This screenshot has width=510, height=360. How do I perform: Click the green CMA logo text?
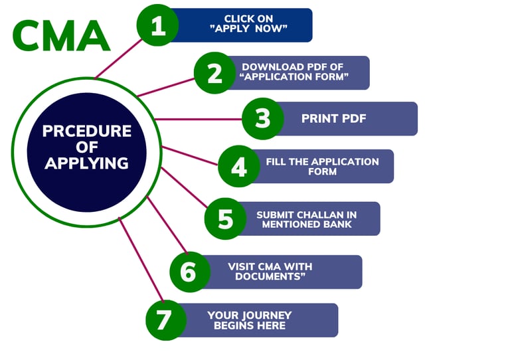pos(60,36)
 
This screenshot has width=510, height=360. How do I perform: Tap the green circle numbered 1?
pos(157,26)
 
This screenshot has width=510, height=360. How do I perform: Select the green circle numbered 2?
pos(214,73)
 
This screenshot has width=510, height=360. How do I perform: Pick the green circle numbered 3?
pos(263,119)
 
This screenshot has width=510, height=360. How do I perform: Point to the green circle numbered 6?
pos(189,271)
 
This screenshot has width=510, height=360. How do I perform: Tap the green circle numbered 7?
pos(165,320)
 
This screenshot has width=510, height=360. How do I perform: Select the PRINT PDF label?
pos(334,119)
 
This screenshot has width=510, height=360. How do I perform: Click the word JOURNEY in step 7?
pos(262,315)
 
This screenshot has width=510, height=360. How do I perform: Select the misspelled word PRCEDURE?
pos(86,132)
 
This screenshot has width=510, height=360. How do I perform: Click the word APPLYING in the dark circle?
pos(86,163)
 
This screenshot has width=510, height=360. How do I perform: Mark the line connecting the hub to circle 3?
pos(199,120)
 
